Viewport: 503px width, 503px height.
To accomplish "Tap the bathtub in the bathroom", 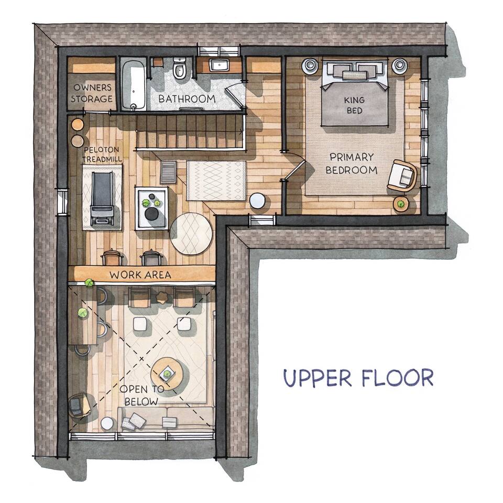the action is [x=134, y=84].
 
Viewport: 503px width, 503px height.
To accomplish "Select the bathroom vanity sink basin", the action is [x=218, y=65].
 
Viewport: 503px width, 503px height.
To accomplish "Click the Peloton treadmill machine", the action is [x=102, y=198].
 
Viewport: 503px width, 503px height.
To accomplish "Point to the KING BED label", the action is [x=354, y=105].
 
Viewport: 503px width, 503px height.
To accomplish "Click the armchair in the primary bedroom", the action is [x=402, y=177].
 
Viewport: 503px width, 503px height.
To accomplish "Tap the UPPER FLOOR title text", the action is [x=358, y=378].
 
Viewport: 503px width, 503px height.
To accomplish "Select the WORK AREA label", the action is [x=140, y=275].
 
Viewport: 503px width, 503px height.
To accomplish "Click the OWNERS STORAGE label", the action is [x=92, y=93].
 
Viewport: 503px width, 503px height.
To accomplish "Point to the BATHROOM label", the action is [x=187, y=99].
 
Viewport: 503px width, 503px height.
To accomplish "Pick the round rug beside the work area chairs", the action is [x=191, y=234].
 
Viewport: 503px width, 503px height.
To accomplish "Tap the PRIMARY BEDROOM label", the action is [x=351, y=163].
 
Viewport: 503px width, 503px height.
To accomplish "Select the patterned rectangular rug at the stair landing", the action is [x=216, y=181].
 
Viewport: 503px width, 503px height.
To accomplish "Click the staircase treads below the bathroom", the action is [x=190, y=132].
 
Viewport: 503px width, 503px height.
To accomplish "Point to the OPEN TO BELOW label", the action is [x=141, y=395].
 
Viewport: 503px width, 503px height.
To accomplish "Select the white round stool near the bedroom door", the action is [x=257, y=201].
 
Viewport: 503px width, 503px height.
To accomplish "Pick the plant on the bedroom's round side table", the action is [x=400, y=203].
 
